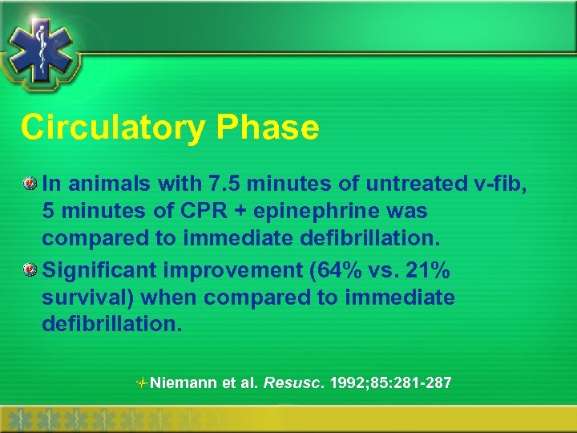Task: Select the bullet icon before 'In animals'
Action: click(30, 184)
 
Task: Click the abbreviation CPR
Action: click(212, 212)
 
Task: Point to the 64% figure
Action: click(329, 270)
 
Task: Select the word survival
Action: click(87, 298)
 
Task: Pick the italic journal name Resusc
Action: click(289, 383)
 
